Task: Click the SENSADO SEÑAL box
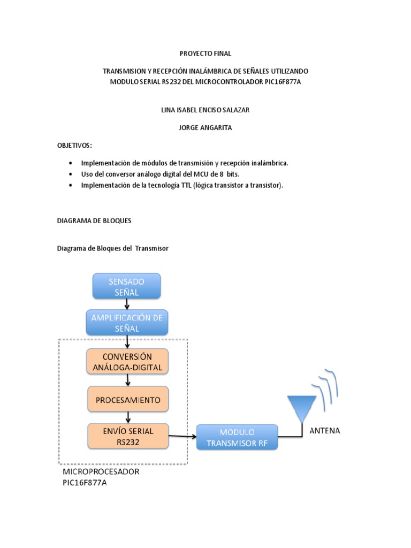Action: pyautogui.click(x=126, y=286)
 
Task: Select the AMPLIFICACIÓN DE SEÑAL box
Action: pyautogui.click(x=126, y=323)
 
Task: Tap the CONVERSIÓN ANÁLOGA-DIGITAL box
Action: pyautogui.click(x=127, y=362)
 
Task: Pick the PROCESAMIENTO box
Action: pyautogui.click(x=127, y=399)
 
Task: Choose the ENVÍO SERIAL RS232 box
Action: pyautogui.click(x=127, y=436)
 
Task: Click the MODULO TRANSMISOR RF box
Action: pyautogui.click(x=237, y=437)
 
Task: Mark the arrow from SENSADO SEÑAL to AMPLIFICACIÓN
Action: pyautogui.click(x=126, y=304)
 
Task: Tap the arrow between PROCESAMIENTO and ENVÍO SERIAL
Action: pyautogui.click(x=127, y=417)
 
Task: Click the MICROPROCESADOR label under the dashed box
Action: pyautogui.click(x=101, y=471)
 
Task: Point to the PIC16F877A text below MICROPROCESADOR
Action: pyautogui.click(x=88, y=482)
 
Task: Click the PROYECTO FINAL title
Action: pyautogui.click(x=205, y=54)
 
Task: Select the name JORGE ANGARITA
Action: pyautogui.click(x=205, y=128)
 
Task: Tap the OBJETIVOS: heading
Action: pyautogui.click(x=74, y=146)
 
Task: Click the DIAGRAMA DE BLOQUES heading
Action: pyautogui.click(x=94, y=220)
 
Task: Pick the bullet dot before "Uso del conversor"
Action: pyautogui.click(x=70, y=174)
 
